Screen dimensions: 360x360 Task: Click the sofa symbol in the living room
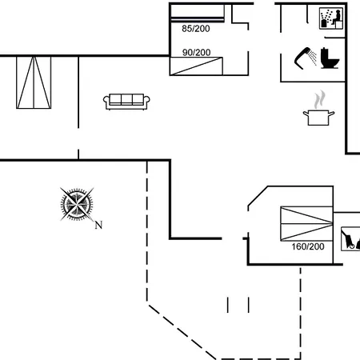(x=126, y=102)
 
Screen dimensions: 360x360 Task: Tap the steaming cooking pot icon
(x=319, y=109)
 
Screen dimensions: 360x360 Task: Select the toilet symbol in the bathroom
(x=330, y=58)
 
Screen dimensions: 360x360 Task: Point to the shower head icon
(x=302, y=58)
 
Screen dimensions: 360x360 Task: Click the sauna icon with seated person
(x=331, y=18)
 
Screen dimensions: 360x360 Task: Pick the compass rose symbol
(x=77, y=204)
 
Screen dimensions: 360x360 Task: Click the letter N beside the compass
(x=98, y=226)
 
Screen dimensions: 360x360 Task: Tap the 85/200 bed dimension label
(x=196, y=29)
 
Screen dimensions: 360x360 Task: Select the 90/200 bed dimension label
(x=196, y=52)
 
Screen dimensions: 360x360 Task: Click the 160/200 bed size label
(x=308, y=246)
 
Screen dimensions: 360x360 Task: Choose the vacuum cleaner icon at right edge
(x=350, y=239)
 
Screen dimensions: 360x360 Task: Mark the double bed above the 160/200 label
(x=306, y=223)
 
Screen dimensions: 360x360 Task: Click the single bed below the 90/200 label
(x=196, y=66)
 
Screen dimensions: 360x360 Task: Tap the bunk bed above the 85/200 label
(x=198, y=13)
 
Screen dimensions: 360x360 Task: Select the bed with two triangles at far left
(x=34, y=82)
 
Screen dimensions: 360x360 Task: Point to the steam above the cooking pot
(x=319, y=99)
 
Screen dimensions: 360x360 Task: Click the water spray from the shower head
(x=313, y=57)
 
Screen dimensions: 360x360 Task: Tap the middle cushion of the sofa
(x=126, y=99)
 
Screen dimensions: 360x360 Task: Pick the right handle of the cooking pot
(x=331, y=114)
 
